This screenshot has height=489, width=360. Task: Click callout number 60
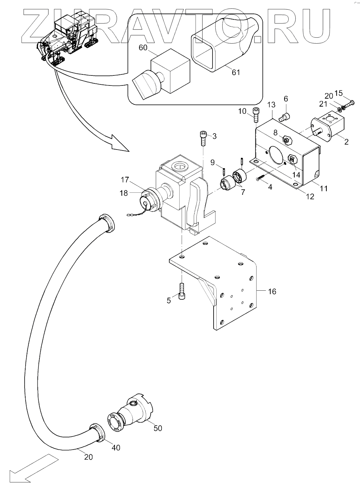coord(143,47)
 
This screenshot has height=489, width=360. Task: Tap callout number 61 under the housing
coord(236,72)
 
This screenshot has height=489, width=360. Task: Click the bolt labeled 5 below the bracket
coord(182,291)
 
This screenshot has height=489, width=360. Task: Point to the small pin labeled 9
coord(224,171)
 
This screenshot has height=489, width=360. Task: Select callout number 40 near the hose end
coord(116,447)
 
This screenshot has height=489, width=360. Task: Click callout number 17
coord(125,180)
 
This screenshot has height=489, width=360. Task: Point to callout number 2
coord(346,142)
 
